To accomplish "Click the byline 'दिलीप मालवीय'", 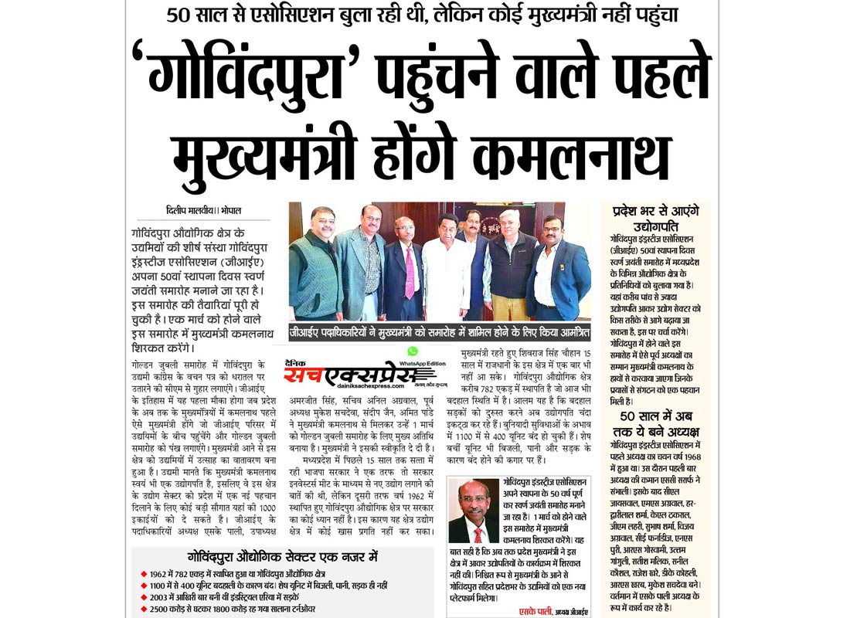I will [x=190, y=210].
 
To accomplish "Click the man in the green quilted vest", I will [x=315, y=267].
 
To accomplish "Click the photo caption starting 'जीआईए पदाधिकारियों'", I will [x=439, y=331].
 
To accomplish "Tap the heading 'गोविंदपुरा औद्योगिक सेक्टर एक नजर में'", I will [x=283, y=555].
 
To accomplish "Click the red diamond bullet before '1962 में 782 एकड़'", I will [x=142, y=574].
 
